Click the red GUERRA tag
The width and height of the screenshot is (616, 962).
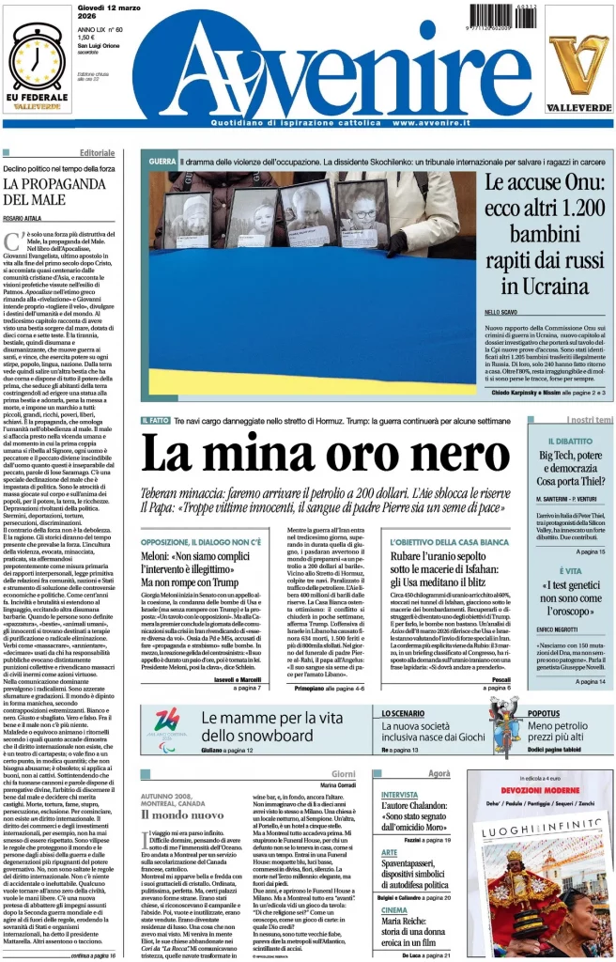162,163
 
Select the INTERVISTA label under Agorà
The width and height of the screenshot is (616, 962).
400,794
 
